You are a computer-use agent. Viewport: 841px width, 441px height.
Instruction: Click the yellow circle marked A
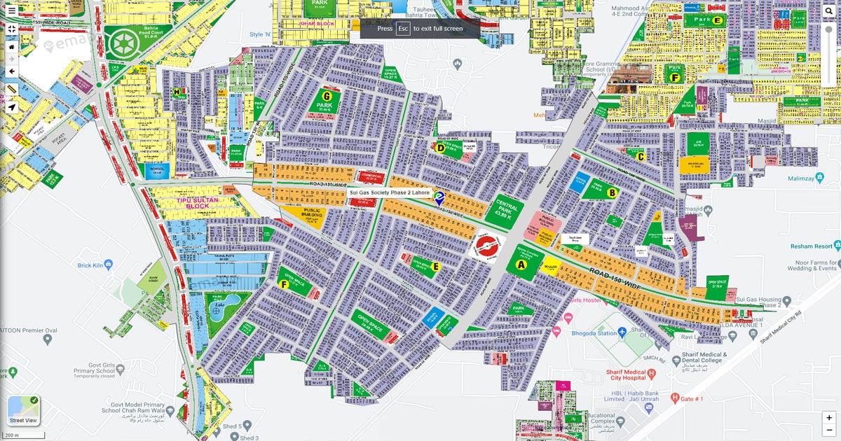[521, 265]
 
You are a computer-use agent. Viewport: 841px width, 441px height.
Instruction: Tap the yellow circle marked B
[612, 192]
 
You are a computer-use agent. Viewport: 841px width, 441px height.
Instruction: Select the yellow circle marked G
[326, 96]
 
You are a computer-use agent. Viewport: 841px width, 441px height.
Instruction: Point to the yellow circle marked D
[441, 148]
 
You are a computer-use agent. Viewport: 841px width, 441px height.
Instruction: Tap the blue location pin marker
[439, 198]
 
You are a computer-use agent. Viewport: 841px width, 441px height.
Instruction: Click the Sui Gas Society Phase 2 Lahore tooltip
[390, 192]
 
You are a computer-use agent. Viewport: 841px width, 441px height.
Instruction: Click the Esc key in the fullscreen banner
[403, 29]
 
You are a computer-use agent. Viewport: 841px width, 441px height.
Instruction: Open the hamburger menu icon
[11, 10]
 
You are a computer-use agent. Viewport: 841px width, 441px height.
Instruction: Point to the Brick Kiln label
[90, 265]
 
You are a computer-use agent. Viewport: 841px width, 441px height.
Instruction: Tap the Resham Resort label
[813, 246]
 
